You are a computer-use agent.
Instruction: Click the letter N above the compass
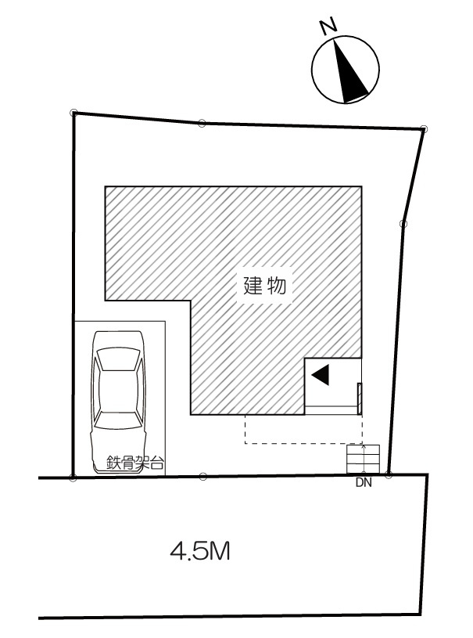[328, 25]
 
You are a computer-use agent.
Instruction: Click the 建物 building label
[264, 285]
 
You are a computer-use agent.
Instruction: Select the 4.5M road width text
[199, 552]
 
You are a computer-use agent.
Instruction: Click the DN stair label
[364, 483]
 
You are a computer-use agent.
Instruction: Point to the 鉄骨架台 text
[135, 463]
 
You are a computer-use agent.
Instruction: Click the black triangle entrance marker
[321, 374]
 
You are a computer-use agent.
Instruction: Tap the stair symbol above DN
[363, 459]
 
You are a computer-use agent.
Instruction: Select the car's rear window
[119, 420]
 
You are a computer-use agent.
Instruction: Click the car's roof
[119, 390]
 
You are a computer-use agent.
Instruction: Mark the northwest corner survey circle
[73, 112]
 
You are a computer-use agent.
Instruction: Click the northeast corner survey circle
[424, 128]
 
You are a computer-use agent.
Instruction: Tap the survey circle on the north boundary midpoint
[202, 123]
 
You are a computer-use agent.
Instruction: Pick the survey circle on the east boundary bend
[403, 223]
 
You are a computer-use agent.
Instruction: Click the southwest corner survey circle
[73, 478]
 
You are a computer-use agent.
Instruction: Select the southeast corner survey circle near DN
[388, 474]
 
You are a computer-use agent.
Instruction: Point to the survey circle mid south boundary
[203, 476]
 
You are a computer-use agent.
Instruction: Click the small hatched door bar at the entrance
[359, 398]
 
